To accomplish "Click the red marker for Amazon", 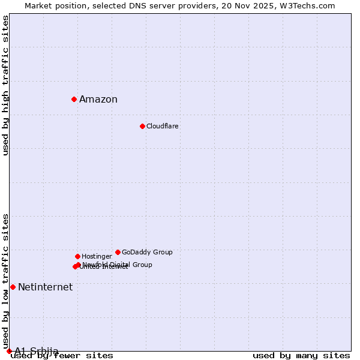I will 74,99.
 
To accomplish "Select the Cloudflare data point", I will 142,126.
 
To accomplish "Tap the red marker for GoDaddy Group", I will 118,252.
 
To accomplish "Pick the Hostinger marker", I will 77,256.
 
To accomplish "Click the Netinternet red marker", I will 13,287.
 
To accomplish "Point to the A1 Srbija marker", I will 9,351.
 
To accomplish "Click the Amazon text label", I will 98,100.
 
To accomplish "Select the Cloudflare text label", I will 163,126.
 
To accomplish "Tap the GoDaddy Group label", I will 147,252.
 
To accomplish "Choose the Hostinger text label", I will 97,256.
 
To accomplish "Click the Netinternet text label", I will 45,287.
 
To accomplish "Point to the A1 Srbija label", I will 37,351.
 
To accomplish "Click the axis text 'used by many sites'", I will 301,356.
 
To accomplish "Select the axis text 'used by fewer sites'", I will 62,356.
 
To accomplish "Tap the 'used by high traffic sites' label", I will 6,85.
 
